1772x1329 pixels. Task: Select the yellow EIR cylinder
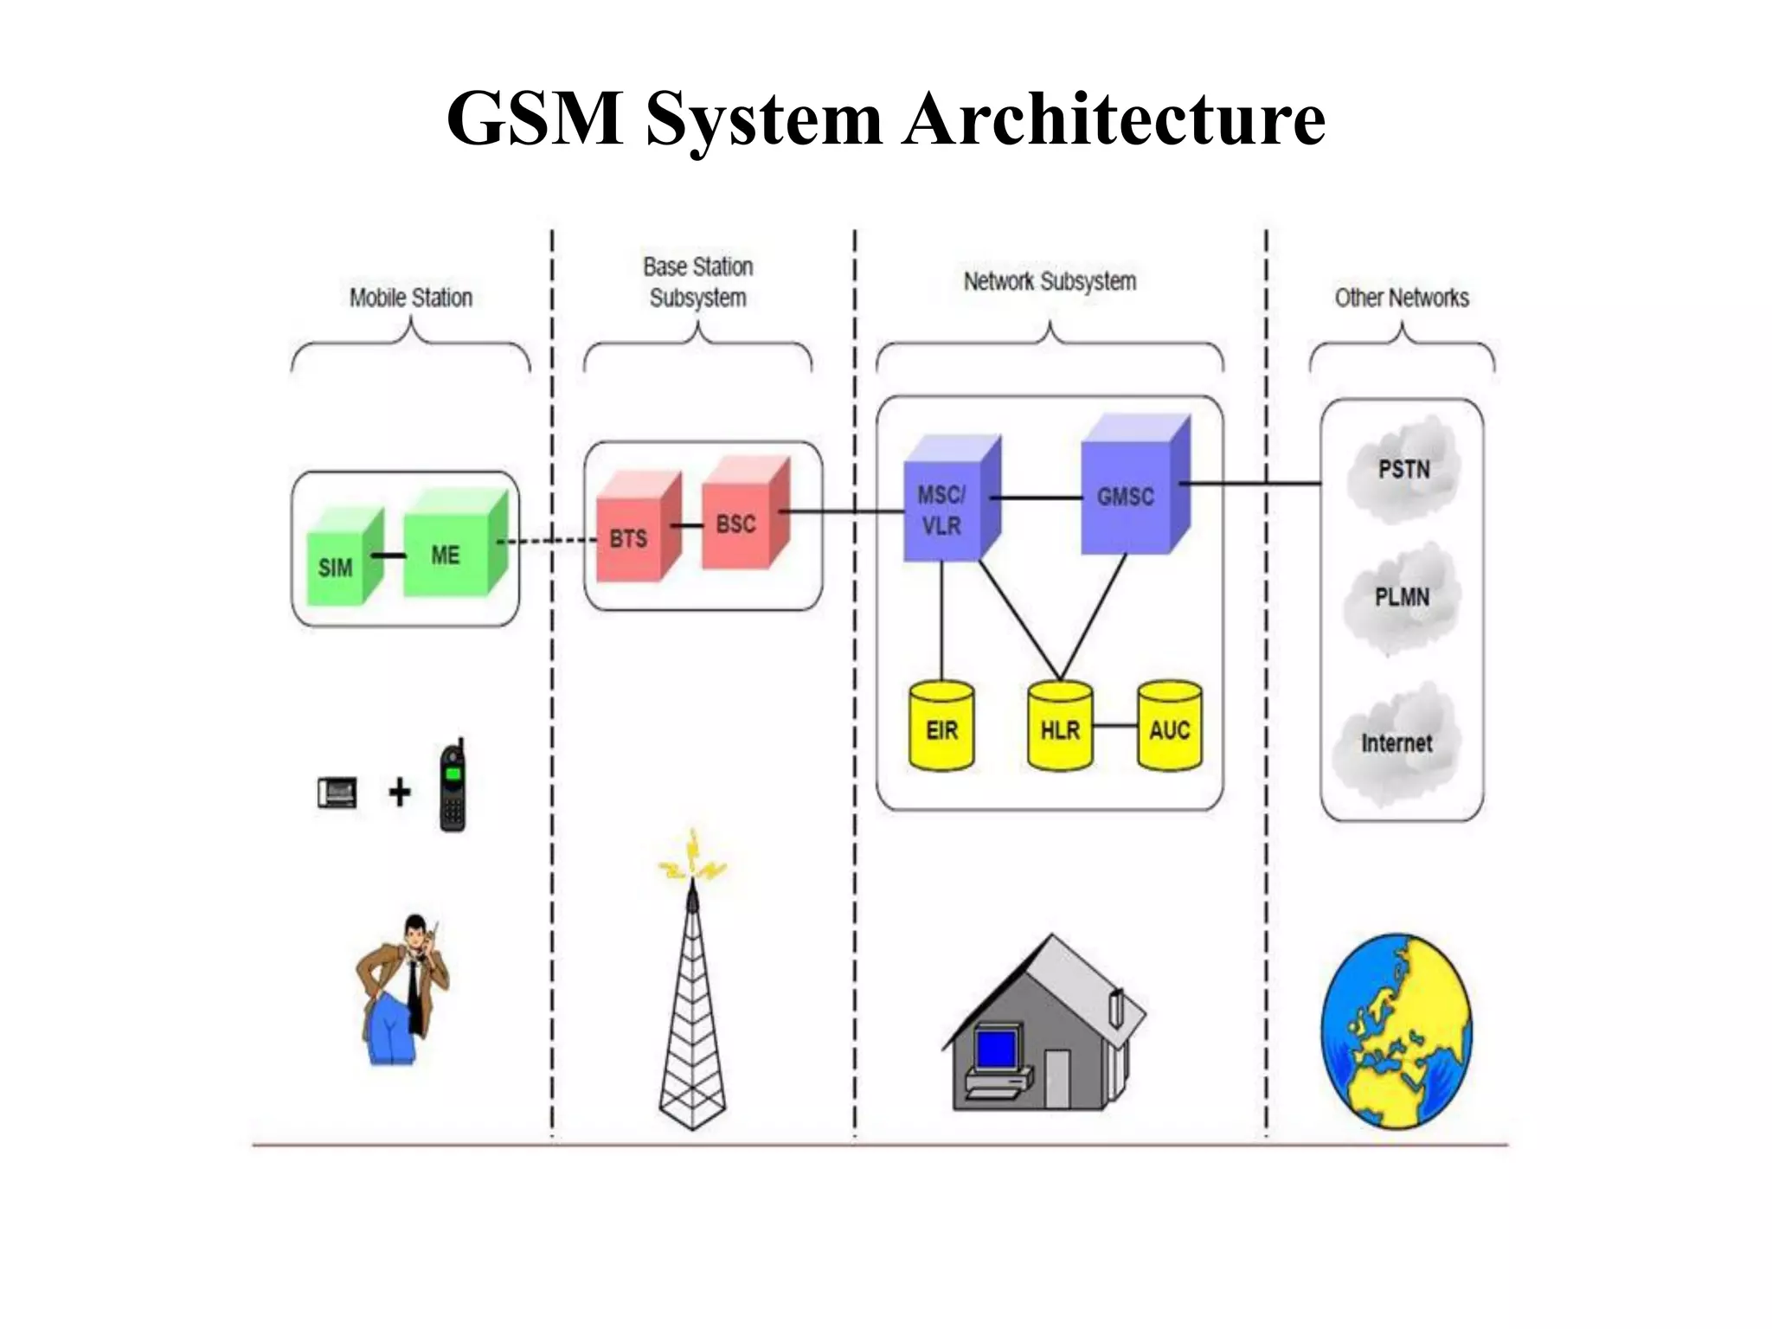pyautogui.click(x=941, y=728)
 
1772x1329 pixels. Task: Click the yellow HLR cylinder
pyautogui.click(x=1060, y=728)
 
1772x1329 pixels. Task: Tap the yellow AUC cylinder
pyautogui.click(x=1169, y=728)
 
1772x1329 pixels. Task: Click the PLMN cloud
pyautogui.click(x=1402, y=599)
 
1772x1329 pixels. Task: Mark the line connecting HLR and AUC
pyautogui.click(x=1114, y=725)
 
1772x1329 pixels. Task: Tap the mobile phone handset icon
pyautogui.click(x=453, y=788)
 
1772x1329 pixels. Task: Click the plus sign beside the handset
pyautogui.click(x=399, y=792)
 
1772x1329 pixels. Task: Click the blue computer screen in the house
pyautogui.click(x=996, y=1049)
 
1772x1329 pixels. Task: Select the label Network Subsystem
pyautogui.click(x=1050, y=282)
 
